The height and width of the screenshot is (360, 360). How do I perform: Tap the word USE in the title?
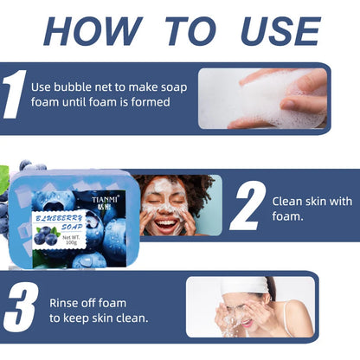click(280, 31)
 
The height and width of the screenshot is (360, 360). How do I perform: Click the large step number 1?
click(14, 94)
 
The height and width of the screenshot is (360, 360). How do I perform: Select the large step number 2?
click(247, 205)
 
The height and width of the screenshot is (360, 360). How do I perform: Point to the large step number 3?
click(21, 306)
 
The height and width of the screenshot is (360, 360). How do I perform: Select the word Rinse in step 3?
click(63, 303)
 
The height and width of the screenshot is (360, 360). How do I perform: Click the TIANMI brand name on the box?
click(104, 200)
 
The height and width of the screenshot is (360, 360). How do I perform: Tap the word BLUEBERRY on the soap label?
click(59, 218)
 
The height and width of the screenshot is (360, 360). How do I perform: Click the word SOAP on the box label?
click(72, 228)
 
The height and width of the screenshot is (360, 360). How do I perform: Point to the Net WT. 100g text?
click(71, 240)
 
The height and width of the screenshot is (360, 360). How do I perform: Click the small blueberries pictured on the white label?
click(46, 235)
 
